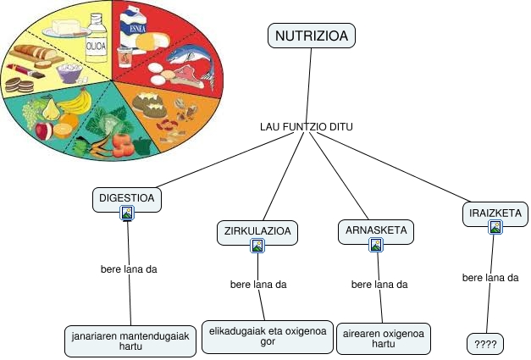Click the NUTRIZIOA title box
[x=310, y=36]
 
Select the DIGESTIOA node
[x=127, y=198]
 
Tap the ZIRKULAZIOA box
[x=257, y=230]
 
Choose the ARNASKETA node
[x=376, y=230]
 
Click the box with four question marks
[x=485, y=344]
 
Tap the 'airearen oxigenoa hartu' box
[x=383, y=337]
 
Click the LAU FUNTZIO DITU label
[x=307, y=127]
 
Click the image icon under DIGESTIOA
[x=127, y=213]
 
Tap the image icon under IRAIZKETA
[x=495, y=227]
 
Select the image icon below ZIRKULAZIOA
[x=257, y=246]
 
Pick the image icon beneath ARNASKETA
[x=376, y=245]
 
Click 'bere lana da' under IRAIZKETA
[x=490, y=278]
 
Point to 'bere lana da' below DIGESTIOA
[x=129, y=269]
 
